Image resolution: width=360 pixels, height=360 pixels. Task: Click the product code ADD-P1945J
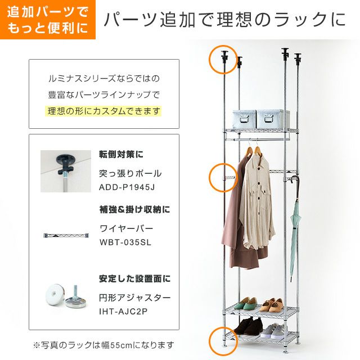click(127, 187)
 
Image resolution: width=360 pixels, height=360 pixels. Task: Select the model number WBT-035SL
click(125, 242)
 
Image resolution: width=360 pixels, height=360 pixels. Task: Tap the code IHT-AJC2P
click(123, 312)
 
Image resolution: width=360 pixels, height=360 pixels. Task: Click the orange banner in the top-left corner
click(48, 20)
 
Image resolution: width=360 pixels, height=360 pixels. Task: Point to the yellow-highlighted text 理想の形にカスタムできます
click(103, 111)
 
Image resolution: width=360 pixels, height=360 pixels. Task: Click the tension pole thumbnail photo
click(66, 171)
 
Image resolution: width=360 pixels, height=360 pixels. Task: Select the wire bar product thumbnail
click(66, 235)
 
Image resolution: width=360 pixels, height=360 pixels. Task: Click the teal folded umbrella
click(295, 229)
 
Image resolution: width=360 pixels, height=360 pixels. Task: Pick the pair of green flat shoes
click(246, 304)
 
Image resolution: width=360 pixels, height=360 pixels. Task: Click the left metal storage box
click(244, 119)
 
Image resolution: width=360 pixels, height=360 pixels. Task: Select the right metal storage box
click(272, 119)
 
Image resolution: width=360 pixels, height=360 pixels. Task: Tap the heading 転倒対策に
click(121, 154)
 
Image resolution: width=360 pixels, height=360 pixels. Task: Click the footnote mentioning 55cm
click(103, 345)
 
